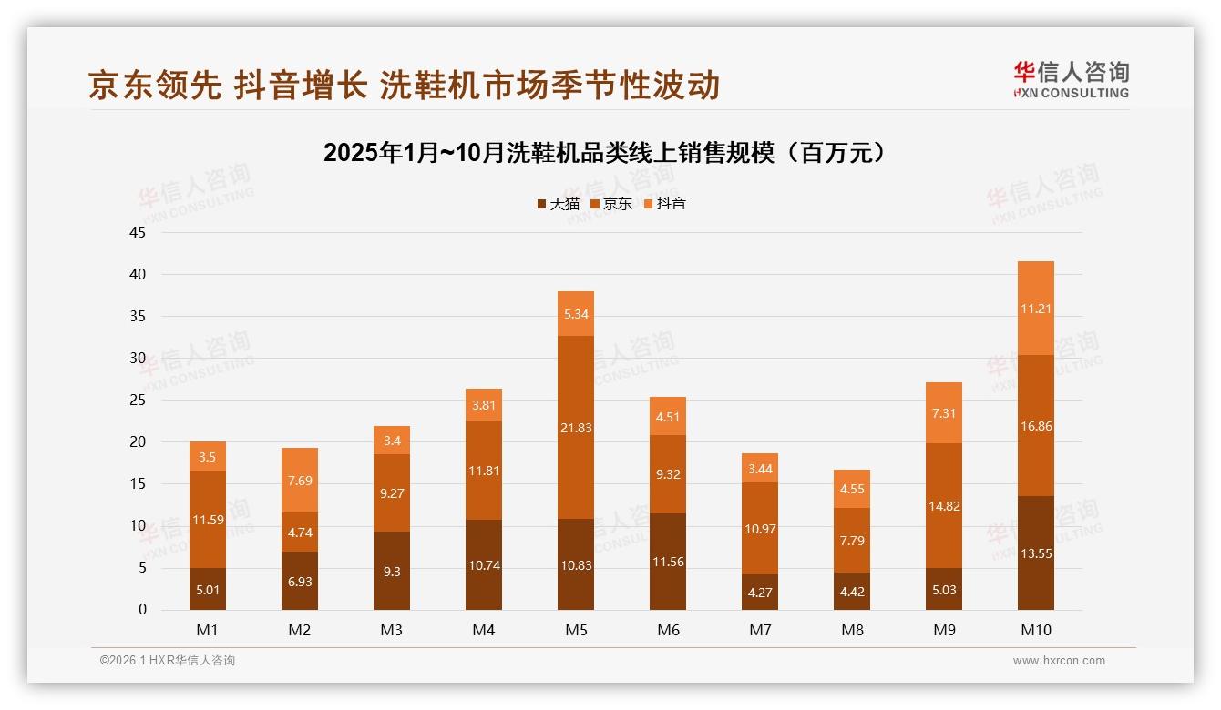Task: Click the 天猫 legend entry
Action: tap(559, 204)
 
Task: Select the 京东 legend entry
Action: tap(611, 204)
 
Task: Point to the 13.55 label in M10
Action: tap(1035, 553)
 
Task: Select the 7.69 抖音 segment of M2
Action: tap(300, 481)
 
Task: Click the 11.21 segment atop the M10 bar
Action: tap(1035, 309)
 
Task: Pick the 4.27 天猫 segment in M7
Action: tap(760, 592)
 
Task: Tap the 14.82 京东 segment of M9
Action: tap(943, 506)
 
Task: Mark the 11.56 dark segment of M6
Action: tap(668, 562)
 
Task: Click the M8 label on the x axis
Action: tap(852, 630)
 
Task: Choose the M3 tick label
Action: tap(392, 630)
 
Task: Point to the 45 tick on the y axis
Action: tap(138, 232)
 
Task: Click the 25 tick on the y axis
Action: tap(138, 400)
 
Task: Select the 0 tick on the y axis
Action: tap(142, 610)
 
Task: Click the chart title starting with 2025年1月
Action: tap(605, 152)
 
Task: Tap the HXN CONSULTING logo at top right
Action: tap(1071, 80)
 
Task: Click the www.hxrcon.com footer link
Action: tap(1059, 661)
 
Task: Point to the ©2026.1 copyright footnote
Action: tap(168, 661)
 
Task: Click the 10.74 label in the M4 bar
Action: tap(484, 565)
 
